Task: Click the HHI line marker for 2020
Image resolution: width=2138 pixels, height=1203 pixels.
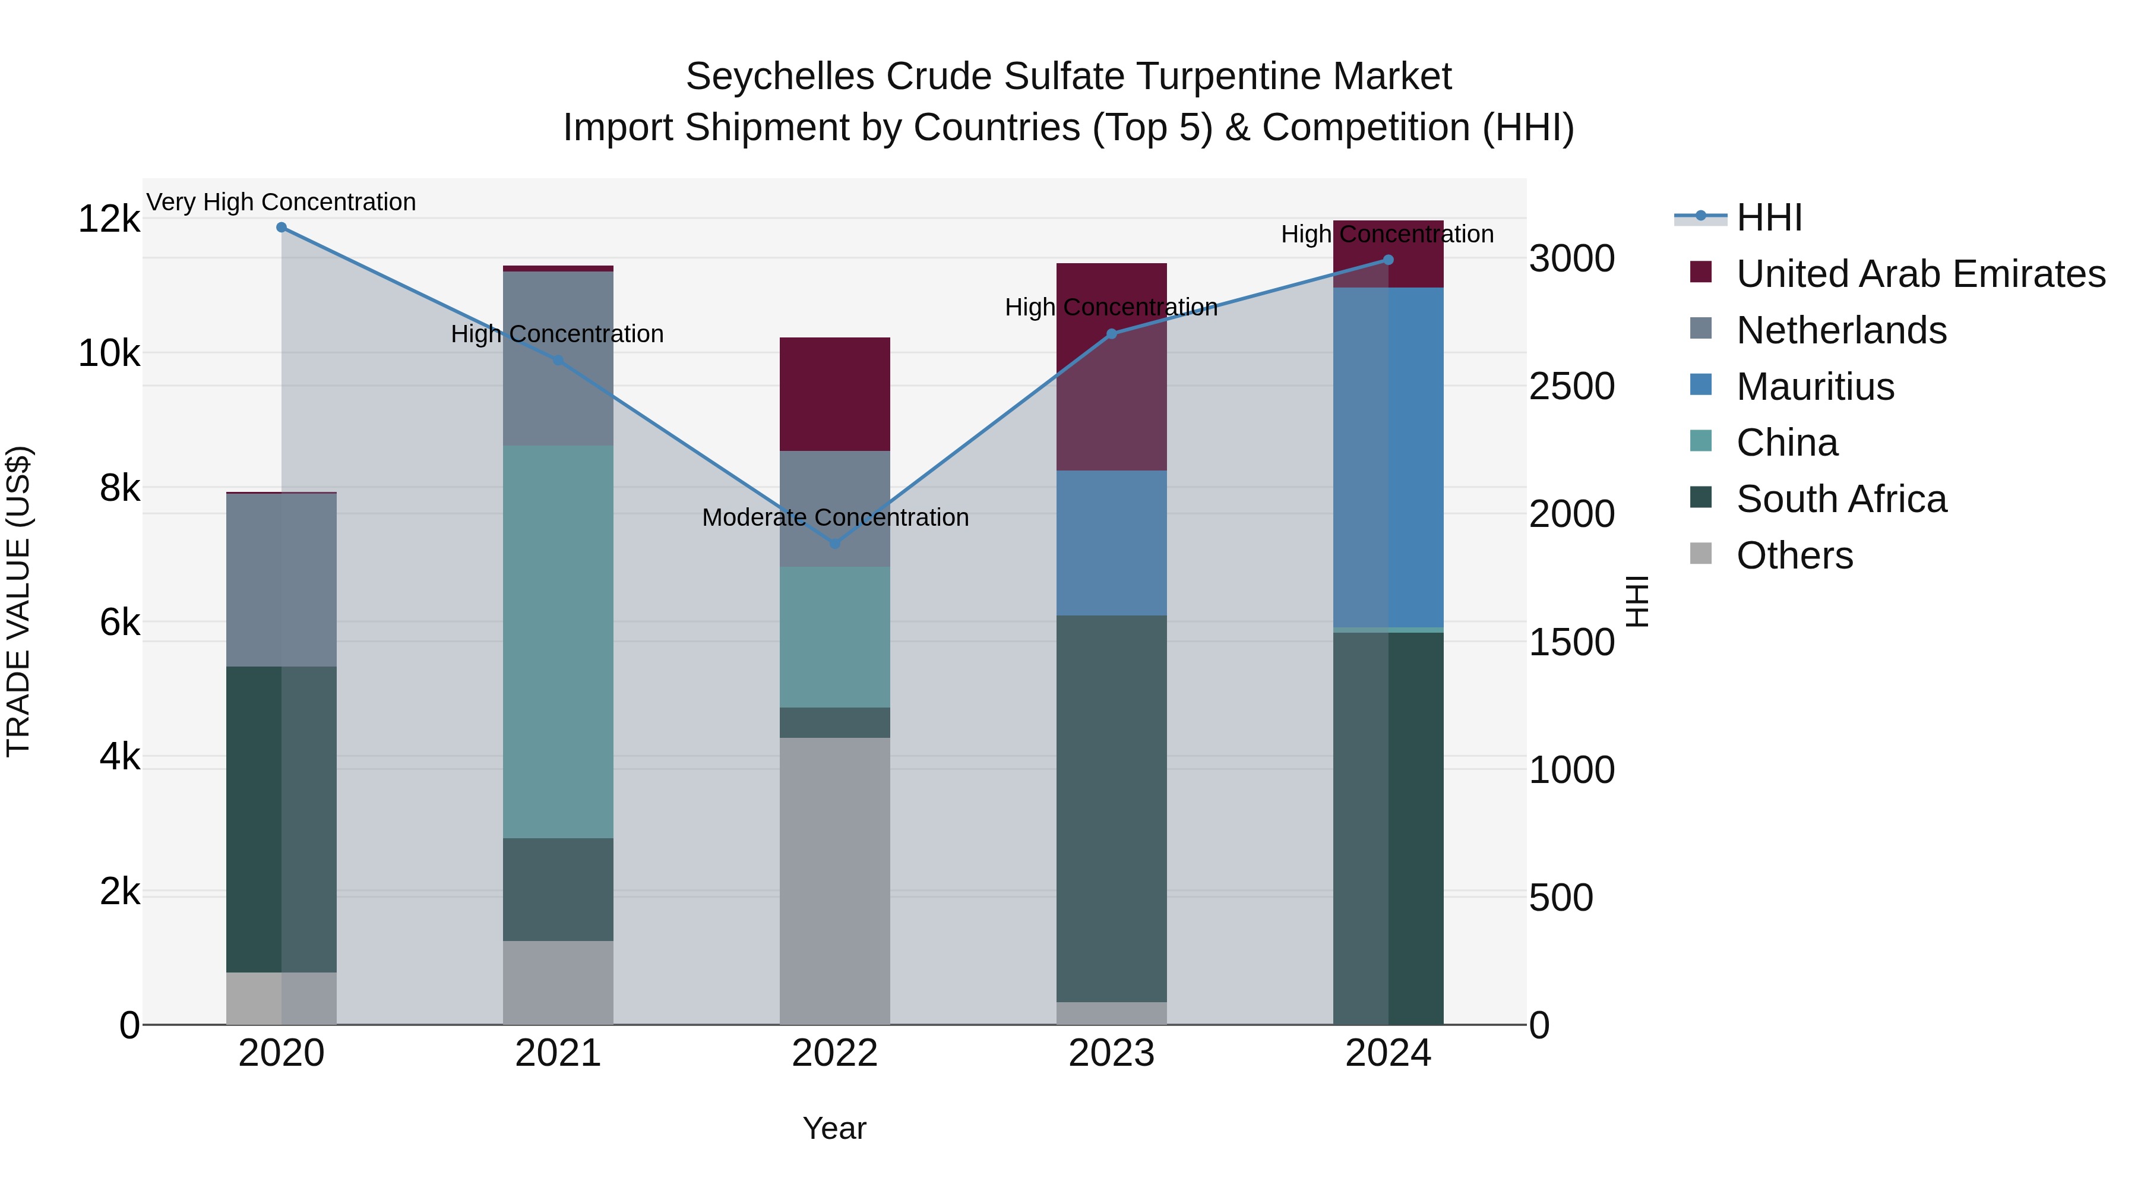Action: pos(282,228)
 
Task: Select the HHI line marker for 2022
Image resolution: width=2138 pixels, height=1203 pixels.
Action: pos(835,544)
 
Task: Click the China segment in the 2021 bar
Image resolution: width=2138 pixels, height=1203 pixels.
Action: pos(558,641)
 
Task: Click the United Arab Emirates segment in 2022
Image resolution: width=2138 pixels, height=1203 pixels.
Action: pos(835,394)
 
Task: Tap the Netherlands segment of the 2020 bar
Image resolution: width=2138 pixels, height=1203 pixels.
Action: pos(282,579)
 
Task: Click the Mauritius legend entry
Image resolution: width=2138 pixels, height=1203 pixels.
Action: pos(1815,387)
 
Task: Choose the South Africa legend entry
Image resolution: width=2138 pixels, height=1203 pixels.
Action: pos(1841,500)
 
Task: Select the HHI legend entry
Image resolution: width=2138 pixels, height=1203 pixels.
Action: pos(1769,217)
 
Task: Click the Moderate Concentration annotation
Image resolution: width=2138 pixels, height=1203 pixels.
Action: pos(835,517)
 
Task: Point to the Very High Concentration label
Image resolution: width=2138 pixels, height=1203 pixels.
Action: pos(282,203)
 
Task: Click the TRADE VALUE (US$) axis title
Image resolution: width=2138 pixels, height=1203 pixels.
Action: pos(18,601)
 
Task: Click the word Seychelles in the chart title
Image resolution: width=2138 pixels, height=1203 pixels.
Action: pos(780,77)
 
